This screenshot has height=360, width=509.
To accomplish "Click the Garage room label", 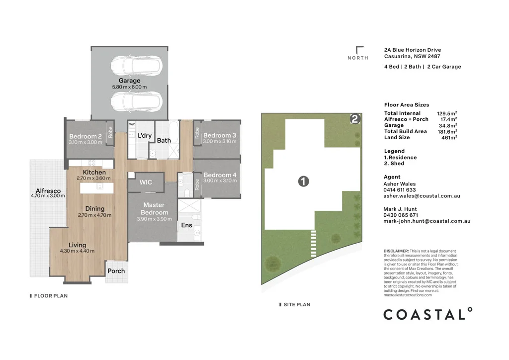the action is tap(130, 81).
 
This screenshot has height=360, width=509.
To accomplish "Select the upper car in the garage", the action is tap(137, 65).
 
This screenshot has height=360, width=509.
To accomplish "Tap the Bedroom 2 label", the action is tap(85, 136).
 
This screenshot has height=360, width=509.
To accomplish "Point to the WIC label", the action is tap(146, 182).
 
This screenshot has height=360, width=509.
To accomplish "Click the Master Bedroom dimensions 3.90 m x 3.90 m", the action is tap(154, 219).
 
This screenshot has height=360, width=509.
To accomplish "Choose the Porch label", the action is tap(116, 270).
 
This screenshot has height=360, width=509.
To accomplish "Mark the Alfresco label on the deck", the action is tap(48, 191).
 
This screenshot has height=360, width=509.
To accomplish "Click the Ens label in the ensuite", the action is tap(187, 225).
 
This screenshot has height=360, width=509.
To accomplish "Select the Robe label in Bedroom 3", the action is tap(197, 133).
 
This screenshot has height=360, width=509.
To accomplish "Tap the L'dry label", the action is tap(145, 135).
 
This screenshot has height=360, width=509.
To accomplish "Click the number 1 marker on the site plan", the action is tap(304, 181).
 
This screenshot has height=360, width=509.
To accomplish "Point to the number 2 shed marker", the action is tap(355, 119).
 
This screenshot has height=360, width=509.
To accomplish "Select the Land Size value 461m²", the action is tap(449, 138).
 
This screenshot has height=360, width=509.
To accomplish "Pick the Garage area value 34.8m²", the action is tap(448, 125).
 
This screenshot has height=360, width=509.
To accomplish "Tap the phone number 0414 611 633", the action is tap(400, 190).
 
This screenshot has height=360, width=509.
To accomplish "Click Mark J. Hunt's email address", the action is tap(427, 221).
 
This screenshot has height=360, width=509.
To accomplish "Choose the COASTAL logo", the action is tap(428, 314).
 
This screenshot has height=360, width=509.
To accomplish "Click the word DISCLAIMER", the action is tap(396, 251).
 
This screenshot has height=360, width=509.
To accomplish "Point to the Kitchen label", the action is tap(94, 173).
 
